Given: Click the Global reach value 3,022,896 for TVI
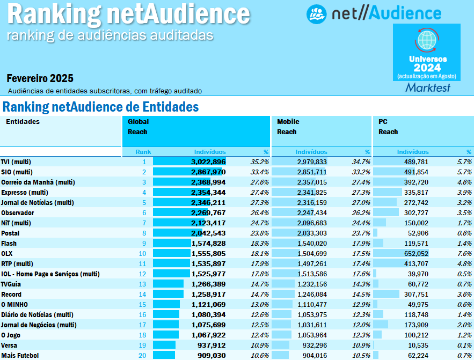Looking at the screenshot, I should (x=208, y=161).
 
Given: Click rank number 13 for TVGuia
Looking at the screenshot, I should (x=142, y=284).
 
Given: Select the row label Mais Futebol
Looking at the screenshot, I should (x=20, y=355).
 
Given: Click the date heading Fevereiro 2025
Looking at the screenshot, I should (x=40, y=78).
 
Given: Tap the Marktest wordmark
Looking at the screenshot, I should (x=427, y=87).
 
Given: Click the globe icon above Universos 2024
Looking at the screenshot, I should (x=427, y=40).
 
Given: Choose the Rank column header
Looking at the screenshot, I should (x=143, y=152).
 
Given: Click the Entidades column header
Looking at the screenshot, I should (x=23, y=121).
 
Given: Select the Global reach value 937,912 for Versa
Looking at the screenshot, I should (x=211, y=345).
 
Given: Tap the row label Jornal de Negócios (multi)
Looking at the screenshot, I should (x=39, y=325).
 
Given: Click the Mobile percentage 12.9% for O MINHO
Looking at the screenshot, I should (x=361, y=304).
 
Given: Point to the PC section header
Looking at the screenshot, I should (x=383, y=121).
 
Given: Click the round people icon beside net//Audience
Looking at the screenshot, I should (x=317, y=14).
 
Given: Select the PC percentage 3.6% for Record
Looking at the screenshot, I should (x=464, y=294).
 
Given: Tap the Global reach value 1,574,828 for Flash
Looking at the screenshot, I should (x=208, y=243).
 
